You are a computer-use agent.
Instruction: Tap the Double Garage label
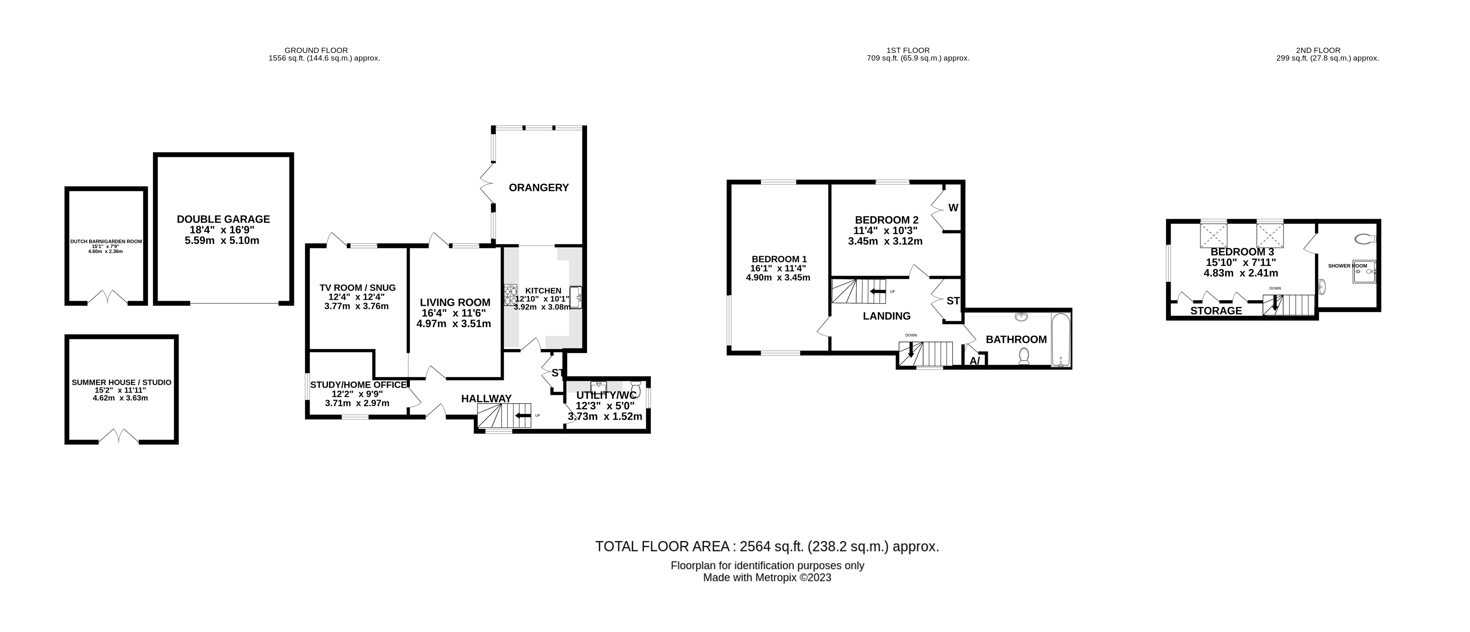(x=223, y=219)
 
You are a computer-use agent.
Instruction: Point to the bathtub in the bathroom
(x=1061, y=339)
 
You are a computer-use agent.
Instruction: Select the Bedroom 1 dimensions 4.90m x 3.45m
(x=778, y=278)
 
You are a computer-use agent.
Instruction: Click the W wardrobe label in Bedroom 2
(x=953, y=207)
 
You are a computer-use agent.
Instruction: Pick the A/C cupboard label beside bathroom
(x=975, y=360)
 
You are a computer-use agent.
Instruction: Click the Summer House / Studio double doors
(x=118, y=437)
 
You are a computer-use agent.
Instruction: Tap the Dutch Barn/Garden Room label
(x=106, y=241)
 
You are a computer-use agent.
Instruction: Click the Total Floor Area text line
(x=767, y=547)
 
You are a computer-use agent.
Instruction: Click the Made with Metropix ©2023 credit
(x=767, y=577)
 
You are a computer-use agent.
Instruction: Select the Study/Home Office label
(x=358, y=384)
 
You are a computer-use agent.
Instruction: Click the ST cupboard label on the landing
(x=953, y=301)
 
